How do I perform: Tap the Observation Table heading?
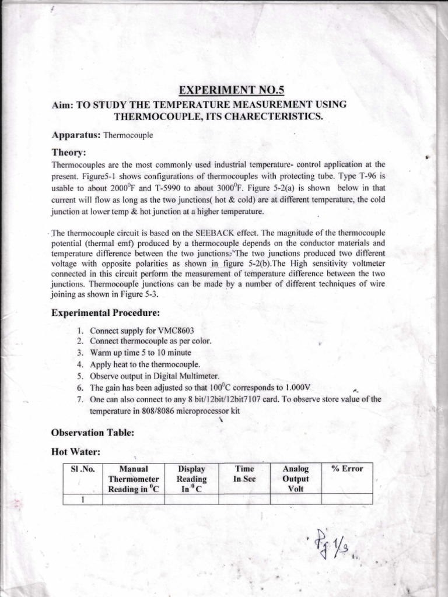pyautogui.click(x=93, y=433)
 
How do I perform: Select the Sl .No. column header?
pyautogui.click(x=82, y=469)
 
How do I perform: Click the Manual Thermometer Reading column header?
pyautogui.click(x=134, y=479)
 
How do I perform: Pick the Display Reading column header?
pyautogui.click(x=192, y=479)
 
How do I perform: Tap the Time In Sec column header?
pyautogui.click(x=244, y=473)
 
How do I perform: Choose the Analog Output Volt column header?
pyautogui.click(x=295, y=479)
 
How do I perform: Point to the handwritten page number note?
pyautogui.click(x=330, y=546)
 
